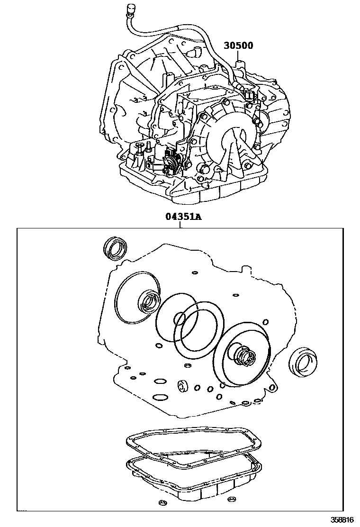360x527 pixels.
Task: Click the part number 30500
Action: tap(238, 45)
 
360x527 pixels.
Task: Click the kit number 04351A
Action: tap(183, 217)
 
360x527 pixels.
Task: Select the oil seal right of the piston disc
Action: tap(302, 362)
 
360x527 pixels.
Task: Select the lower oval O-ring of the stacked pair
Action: tap(160, 398)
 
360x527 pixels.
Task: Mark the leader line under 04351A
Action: tap(180, 225)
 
